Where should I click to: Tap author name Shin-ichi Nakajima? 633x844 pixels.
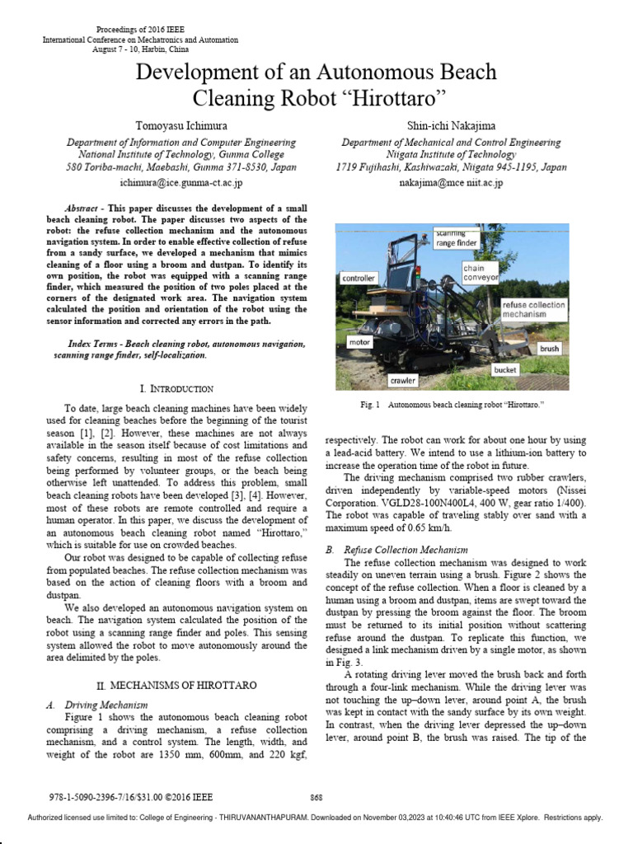click(452, 125)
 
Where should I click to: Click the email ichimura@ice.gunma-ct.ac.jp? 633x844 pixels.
click(181, 183)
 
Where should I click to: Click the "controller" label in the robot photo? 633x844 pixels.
click(359, 279)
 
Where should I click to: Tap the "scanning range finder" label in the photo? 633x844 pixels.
click(456, 239)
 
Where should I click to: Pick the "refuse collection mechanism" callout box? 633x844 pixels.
click(534, 309)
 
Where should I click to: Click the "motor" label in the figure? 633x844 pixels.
click(359, 340)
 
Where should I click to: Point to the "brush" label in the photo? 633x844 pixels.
click(549, 349)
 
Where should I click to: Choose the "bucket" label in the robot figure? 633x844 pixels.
click(504, 370)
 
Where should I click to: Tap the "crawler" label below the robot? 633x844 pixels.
click(404, 381)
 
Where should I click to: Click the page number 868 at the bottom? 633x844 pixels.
click(316, 798)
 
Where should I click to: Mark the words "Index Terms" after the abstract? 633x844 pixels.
click(93, 344)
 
